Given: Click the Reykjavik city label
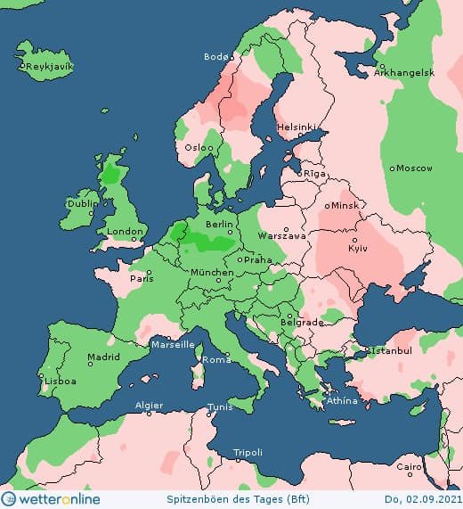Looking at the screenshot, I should click(x=49, y=67).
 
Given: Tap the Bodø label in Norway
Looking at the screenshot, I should click(x=215, y=56).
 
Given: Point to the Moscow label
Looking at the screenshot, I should click(x=414, y=168).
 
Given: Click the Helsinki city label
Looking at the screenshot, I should click(x=296, y=127).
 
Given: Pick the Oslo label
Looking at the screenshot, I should click(x=198, y=147).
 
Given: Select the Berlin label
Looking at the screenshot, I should click(x=219, y=225).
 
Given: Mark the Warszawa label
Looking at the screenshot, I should click(x=282, y=236).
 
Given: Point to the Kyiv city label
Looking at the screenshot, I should click(x=357, y=247).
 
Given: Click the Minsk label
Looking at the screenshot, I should click(x=345, y=205).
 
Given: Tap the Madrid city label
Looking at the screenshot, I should click(x=103, y=357).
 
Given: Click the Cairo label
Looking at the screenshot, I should click(x=409, y=467).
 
